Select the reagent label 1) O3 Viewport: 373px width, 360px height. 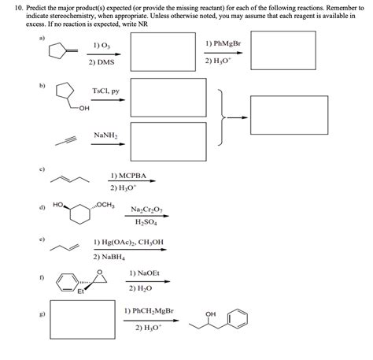click(99, 46)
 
